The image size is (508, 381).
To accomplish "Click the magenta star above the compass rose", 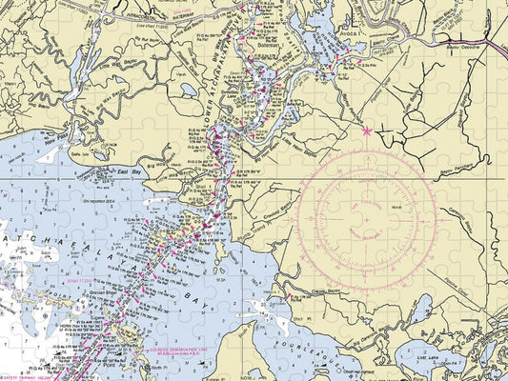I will [367, 131].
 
